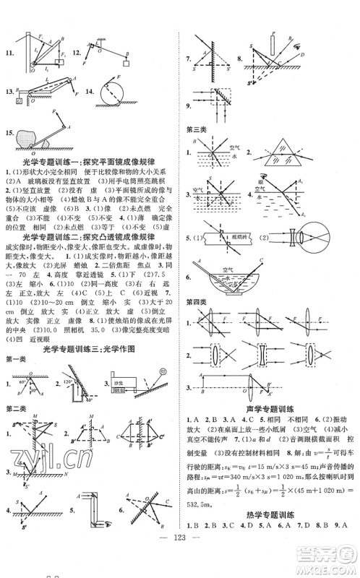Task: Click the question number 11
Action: (x=9, y=53)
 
